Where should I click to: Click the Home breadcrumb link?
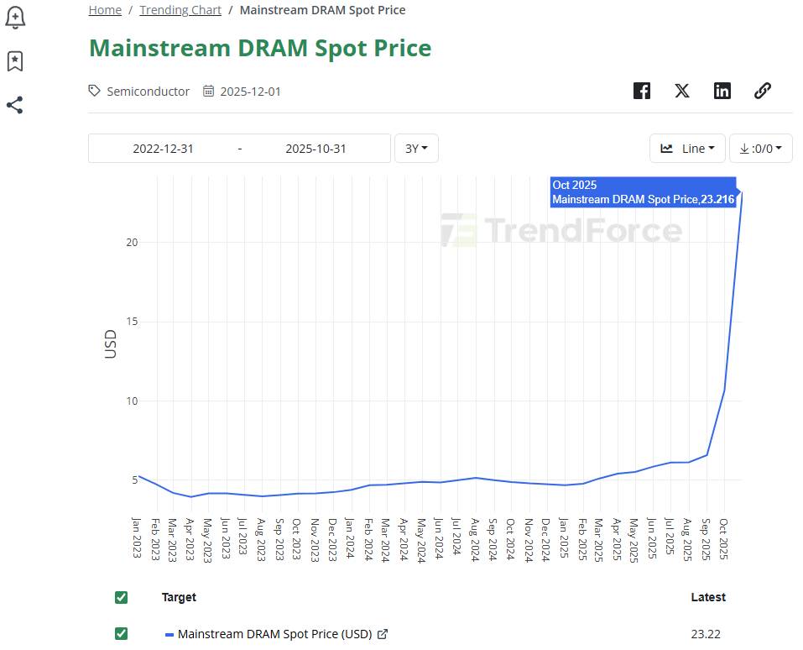click(105, 10)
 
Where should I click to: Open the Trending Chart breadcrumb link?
click(180, 10)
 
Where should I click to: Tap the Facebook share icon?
click(642, 91)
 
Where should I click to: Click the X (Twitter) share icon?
click(682, 91)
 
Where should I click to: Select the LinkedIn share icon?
click(722, 91)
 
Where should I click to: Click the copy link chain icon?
click(763, 91)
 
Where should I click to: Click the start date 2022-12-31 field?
click(163, 149)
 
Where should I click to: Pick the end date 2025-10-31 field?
click(315, 149)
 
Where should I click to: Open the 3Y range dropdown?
click(416, 149)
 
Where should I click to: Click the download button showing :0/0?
click(760, 149)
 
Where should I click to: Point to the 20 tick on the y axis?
click(132, 242)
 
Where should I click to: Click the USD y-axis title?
click(111, 344)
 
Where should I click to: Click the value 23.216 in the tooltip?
click(718, 200)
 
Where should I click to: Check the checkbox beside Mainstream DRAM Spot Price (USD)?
click(121, 634)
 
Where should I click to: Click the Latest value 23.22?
click(706, 634)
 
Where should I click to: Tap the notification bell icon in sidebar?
click(14, 17)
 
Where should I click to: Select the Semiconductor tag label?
click(148, 91)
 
